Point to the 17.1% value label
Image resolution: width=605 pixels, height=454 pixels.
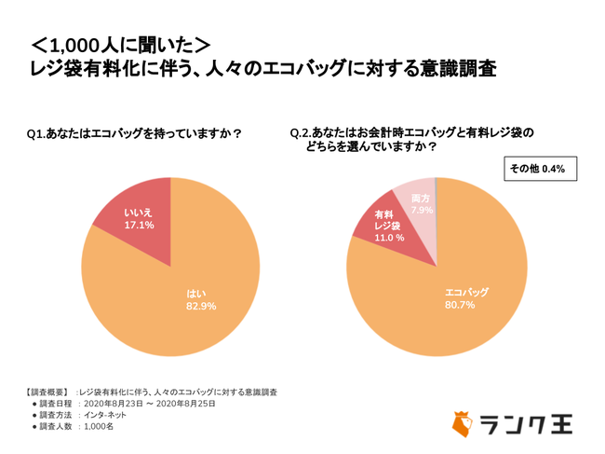pos(141,226)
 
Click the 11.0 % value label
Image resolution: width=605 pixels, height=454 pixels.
pos(389,239)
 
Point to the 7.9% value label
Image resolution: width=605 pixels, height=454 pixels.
pos(421,210)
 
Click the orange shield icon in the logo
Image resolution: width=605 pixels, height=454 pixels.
pos(463,424)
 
